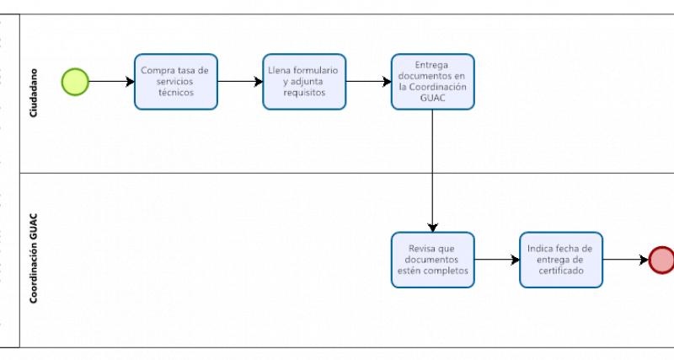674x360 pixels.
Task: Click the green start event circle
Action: pyautogui.click(x=75, y=82)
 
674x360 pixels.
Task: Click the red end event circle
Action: pyautogui.click(x=662, y=260)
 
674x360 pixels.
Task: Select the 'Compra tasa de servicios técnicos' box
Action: pyautogui.click(x=176, y=82)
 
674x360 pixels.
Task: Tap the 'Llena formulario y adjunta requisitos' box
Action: pyautogui.click(x=304, y=82)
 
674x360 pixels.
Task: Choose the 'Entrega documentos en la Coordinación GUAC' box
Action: pyautogui.click(x=432, y=82)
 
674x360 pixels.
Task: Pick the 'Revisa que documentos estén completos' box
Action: pyautogui.click(x=432, y=260)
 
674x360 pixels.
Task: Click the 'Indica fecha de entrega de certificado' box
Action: pyautogui.click(x=561, y=260)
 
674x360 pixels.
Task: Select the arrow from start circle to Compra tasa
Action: pyautogui.click(x=111, y=82)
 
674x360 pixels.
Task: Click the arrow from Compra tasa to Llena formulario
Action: pyautogui.click(x=240, y=82)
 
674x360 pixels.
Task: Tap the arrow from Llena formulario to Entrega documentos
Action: pyautogui.click(x=368, y=82)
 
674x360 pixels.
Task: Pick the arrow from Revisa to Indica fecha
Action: pyautogui.click(x=497, y=260)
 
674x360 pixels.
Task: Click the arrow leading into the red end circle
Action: pyautogui.click(x=626, y=260)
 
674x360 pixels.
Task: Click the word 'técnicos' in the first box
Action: pyautogui.click(x=176, y=94)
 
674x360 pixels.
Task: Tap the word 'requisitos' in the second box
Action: pyautogui.click(x=304, y=94)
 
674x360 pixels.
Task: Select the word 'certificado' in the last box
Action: pyautogui.click(x=561, y=271)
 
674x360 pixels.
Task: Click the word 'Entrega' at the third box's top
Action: pyautogui.click(x=432, y=64)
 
